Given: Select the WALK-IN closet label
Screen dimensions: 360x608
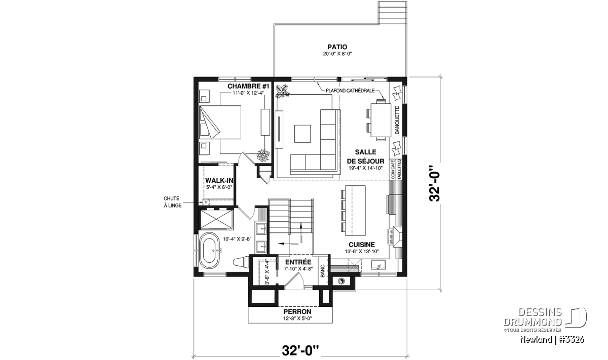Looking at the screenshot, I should [x=218, y=180].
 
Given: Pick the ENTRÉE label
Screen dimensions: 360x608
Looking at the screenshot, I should [x=298, y=262].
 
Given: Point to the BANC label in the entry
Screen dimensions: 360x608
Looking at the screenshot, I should [x=323, y=273].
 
